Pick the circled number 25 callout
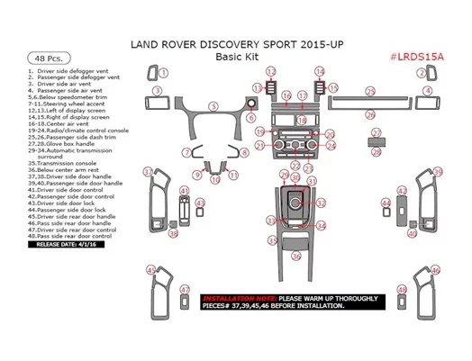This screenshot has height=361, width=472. point(371,92)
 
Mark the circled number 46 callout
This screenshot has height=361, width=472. point(435,269)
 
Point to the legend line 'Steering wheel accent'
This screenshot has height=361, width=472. point(62,104)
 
